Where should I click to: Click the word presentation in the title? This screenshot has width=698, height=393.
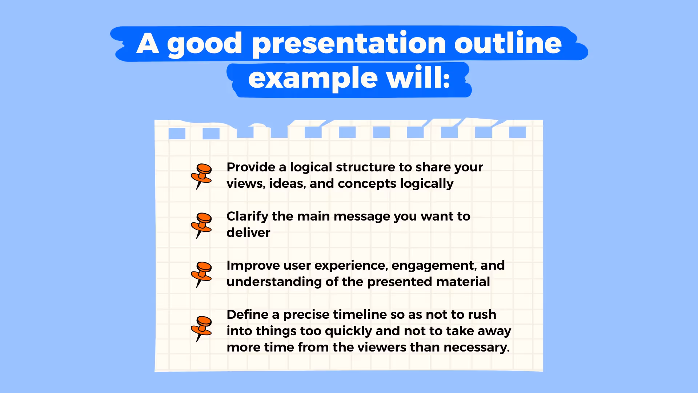click(349, 44)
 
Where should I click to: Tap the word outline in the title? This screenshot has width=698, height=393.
click(508, 42)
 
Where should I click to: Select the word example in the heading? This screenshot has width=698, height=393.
click(313, 79)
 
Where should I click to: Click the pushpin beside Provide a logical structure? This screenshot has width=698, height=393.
click(201, 176)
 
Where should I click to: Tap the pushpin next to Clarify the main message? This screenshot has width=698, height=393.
click(201, 226)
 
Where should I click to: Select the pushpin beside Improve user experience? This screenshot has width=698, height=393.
click(201, 274)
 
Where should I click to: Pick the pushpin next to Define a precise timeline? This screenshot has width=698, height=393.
click(201, 329)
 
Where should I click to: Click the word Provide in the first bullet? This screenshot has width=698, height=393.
click(251, 167)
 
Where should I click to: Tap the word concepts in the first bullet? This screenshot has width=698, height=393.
click(366, 184)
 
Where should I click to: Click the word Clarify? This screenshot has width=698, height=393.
click(247, 217)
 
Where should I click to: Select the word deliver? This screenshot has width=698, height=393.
click(248, 233)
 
